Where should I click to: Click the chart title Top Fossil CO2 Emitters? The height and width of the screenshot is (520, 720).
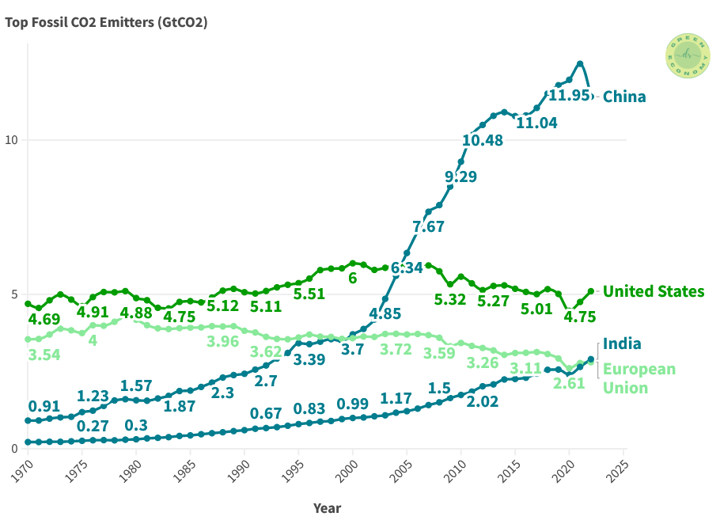coord(106,22)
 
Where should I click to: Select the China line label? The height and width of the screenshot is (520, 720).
coord(624,97)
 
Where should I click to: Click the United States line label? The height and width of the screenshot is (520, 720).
coord(653,291)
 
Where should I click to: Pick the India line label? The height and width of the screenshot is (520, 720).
coord(622,344)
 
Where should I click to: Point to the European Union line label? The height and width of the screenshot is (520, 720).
coord(639,378)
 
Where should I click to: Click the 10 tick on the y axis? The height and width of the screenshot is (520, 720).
coord(12,140)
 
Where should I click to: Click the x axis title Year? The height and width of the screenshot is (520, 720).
coord(327,507)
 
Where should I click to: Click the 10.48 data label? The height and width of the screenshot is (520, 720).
coord(483,140)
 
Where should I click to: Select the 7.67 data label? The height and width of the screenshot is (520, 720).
coord(428,226)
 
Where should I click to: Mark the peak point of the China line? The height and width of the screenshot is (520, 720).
coord(580,63)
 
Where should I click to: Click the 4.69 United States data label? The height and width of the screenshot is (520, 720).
coord(44,320)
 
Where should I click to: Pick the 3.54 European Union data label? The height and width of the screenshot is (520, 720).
coord(44,354)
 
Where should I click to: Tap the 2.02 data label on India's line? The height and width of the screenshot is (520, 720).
coord(482,401)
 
